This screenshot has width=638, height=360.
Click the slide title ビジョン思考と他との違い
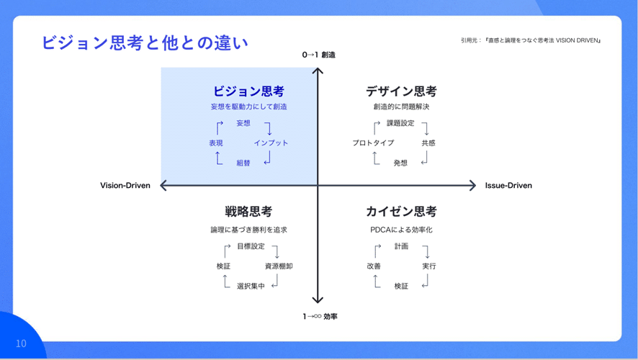145,42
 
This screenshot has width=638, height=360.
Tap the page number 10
21,343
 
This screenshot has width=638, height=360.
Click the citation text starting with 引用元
531,40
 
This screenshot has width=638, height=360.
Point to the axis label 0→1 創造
318,55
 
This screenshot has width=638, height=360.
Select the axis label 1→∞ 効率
320,316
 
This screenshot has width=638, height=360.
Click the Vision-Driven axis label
125,186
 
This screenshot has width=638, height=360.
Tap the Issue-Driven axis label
508,186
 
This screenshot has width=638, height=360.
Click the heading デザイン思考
401,91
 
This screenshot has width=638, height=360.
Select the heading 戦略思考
248,212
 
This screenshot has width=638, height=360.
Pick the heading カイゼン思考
401,212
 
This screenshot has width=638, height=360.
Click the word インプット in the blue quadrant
271,143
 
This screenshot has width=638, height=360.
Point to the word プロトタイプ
373,143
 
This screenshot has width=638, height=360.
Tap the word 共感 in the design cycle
428,143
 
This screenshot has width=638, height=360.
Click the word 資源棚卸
279,266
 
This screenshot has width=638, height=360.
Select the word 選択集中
251,286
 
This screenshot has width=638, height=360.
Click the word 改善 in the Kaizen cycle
374,266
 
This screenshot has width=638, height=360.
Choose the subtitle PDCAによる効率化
401,230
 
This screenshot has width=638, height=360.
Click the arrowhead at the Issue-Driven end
473,186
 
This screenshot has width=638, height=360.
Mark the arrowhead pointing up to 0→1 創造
318,71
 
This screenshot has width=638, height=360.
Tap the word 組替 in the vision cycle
243,163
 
